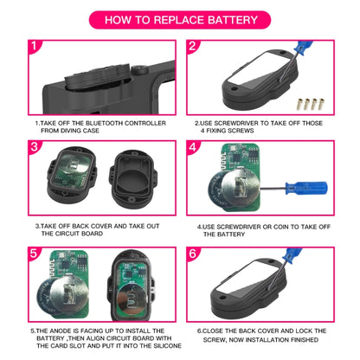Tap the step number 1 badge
pos(33,48)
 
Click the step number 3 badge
pos(33,147)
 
